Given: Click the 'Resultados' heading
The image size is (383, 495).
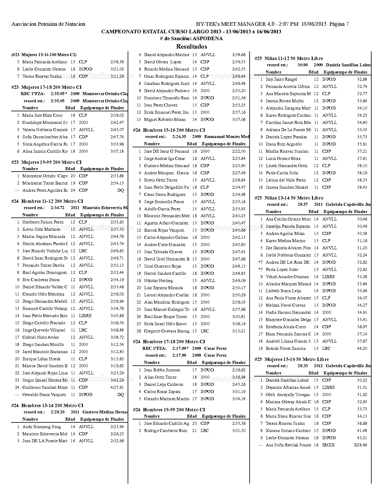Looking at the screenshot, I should pos(191,46).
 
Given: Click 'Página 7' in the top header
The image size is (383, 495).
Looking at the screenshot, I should pos(339,24).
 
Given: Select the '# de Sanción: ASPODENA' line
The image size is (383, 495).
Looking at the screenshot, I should pos(191,38).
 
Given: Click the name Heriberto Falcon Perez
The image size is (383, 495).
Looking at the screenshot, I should pos(43,222).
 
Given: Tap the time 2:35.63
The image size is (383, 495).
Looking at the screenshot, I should pos(117,222).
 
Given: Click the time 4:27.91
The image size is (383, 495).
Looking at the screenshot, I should pos(117,387).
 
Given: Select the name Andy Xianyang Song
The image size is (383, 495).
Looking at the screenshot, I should pos(41,427).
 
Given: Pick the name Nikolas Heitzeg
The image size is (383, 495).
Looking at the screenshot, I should pos(158,280).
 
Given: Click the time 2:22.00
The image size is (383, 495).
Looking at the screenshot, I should pos(239,151).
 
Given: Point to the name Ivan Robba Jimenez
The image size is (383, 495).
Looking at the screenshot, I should pos(162,370).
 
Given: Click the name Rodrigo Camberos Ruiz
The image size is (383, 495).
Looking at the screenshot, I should pos(166,430).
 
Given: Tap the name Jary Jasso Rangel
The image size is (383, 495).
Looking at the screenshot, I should pos(281,79).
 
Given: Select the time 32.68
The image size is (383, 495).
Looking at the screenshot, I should pos(362,79).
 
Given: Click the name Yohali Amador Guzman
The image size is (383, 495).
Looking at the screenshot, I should pos(287,277).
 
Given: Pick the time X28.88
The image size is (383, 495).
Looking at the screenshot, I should pos(360,445).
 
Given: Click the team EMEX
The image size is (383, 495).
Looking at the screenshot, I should pos(328,445).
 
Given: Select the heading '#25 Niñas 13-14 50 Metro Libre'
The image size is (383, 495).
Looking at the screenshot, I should pos(289,198).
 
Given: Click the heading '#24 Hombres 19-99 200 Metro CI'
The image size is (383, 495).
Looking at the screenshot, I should pos(169,409).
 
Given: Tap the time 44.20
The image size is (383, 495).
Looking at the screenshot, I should pos(362,348).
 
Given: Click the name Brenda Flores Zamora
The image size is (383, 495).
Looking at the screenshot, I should pos(285,348).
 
